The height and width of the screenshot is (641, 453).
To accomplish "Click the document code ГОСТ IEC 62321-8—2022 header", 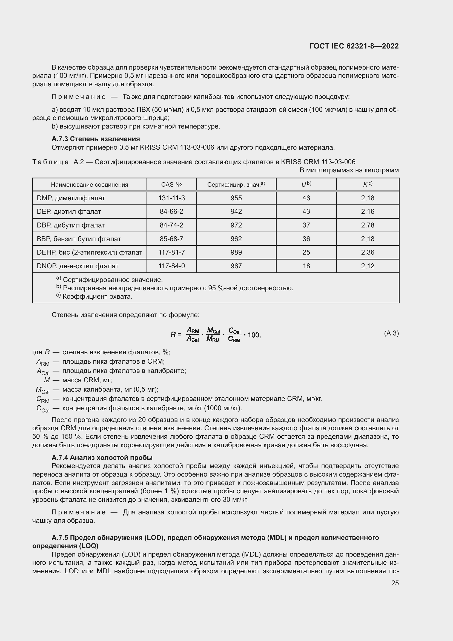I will point(354,46).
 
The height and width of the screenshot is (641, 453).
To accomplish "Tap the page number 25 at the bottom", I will point(395,583).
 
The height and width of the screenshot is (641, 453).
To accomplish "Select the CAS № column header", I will point(171,184).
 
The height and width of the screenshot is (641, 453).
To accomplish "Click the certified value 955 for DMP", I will point(236,198).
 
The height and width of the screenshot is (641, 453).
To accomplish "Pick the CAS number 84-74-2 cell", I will point(171,225).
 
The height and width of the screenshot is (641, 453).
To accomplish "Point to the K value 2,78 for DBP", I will point(367,225).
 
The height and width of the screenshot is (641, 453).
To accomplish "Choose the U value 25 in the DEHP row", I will point(306,252).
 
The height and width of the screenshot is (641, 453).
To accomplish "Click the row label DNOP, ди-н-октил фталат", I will point(78,266).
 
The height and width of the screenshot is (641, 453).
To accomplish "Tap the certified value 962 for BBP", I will point(236,239).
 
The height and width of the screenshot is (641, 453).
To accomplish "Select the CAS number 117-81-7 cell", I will point(171,252).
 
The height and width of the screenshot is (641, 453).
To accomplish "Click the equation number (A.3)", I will point(391,333).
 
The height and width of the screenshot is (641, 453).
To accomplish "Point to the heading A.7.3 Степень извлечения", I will point(96,139).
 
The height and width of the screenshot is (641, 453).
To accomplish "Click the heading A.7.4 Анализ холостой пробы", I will point(102,458).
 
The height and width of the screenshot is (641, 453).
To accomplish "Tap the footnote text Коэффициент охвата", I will point(97,297).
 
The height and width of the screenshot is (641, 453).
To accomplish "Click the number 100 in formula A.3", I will point(254,335).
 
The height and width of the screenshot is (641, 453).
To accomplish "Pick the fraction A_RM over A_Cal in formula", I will point(193,334).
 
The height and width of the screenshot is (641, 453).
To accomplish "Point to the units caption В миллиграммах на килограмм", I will point(349,170).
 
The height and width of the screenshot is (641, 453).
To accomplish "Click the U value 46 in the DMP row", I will point(306,198).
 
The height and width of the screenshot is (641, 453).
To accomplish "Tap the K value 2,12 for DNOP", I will point(367,266).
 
